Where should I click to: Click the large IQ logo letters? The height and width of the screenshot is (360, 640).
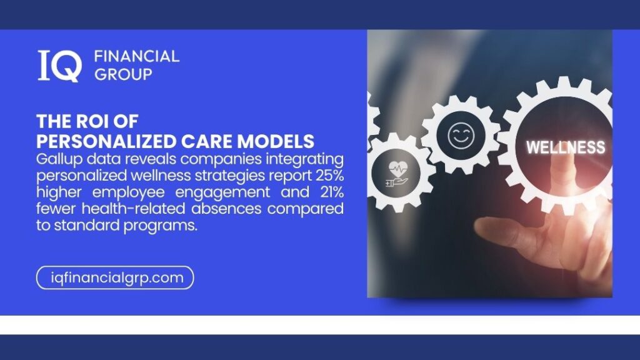click(x=59, y=66)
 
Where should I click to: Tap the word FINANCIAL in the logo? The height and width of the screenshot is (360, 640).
click(x=136, y=57)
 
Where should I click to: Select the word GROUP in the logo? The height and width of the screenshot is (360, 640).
click(x=122, y=74)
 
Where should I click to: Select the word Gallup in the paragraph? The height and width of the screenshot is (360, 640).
click(x=58, y=157)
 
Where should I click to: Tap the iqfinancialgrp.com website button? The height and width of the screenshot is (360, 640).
click(x=116, y=277)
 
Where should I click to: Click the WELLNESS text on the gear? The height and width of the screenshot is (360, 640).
click(x=566, y=147)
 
